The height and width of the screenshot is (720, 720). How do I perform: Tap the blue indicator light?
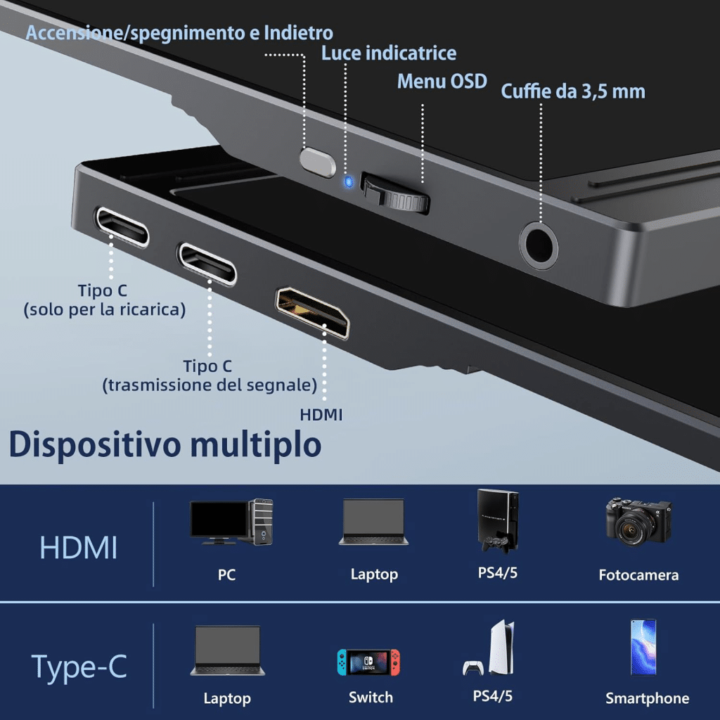[x=347, y=183]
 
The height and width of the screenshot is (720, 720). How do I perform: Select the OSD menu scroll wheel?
[x=395, y=193]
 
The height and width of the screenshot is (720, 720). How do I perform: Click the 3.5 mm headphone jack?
[x=539, y=246]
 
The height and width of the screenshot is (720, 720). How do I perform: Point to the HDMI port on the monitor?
[x=312, y=311]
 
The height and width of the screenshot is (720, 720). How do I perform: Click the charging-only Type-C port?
[x=122, y=226]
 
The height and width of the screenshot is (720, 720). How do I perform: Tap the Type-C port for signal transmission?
[x=207, y=263]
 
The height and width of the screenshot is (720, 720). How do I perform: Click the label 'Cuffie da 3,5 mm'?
[x=572, y=91]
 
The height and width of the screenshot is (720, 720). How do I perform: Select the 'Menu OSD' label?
[x=442, y=82]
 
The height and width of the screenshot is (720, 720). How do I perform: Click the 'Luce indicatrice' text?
[x=389, y=53]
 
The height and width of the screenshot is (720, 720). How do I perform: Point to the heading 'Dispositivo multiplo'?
[x=165, y=444]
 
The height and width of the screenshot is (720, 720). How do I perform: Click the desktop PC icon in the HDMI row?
[x=231, y=522]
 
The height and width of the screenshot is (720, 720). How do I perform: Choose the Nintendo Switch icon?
[x=368, y=662]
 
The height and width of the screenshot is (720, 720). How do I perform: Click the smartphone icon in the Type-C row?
[x=643, y=647]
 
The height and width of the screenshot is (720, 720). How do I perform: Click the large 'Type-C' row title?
[x=79, y=667]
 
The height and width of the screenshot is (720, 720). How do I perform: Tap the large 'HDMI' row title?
[x=78, y=548]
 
